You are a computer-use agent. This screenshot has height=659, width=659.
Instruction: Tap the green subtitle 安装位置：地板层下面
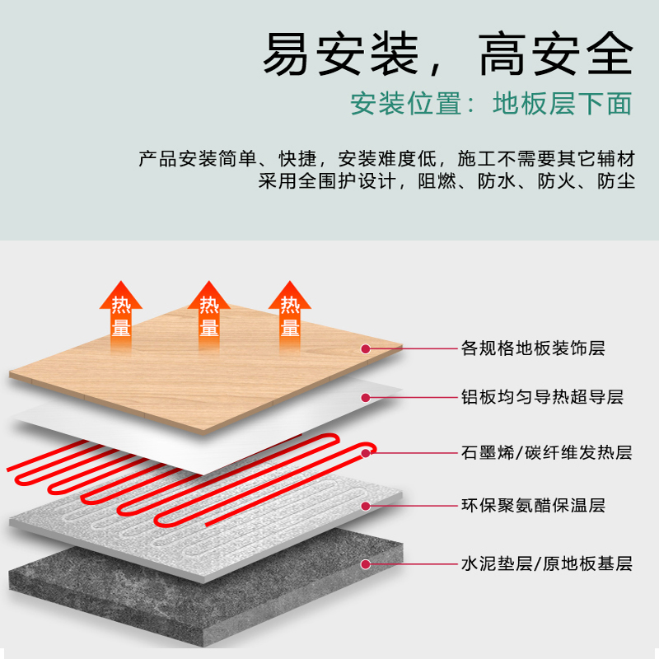coord(491,105)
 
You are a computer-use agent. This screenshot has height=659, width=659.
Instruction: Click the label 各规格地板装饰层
coord(532,348)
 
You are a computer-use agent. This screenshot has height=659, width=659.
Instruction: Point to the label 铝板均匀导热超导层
coord(541,398)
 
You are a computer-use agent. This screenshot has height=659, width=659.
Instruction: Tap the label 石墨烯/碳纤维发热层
coord(545,452)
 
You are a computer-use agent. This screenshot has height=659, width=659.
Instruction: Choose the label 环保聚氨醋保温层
coord(532,506)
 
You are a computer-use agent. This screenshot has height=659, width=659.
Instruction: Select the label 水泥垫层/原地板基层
coord(545,564)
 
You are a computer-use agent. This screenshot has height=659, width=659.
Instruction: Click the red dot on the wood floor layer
coord(365,348)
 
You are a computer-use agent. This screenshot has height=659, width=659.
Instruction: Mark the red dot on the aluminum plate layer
coord(365,398)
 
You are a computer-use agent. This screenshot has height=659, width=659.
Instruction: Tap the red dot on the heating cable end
coord(366,451)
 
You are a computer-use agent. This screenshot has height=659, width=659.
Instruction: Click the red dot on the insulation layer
coord(365,506)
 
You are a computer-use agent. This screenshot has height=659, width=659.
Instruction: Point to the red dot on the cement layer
coord(365,564)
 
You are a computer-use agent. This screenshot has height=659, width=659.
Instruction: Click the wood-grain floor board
coord(206,362)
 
